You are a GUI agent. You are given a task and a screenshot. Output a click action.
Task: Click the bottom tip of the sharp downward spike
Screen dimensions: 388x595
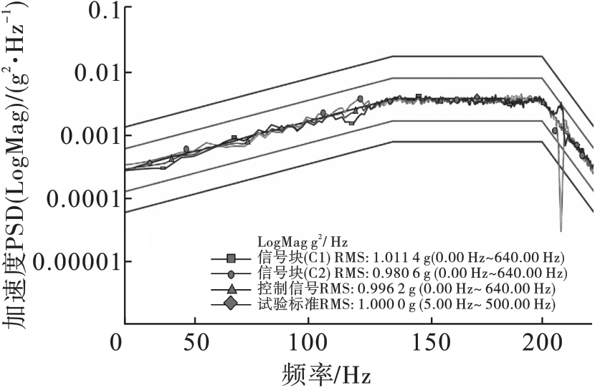tap(561, 231)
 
